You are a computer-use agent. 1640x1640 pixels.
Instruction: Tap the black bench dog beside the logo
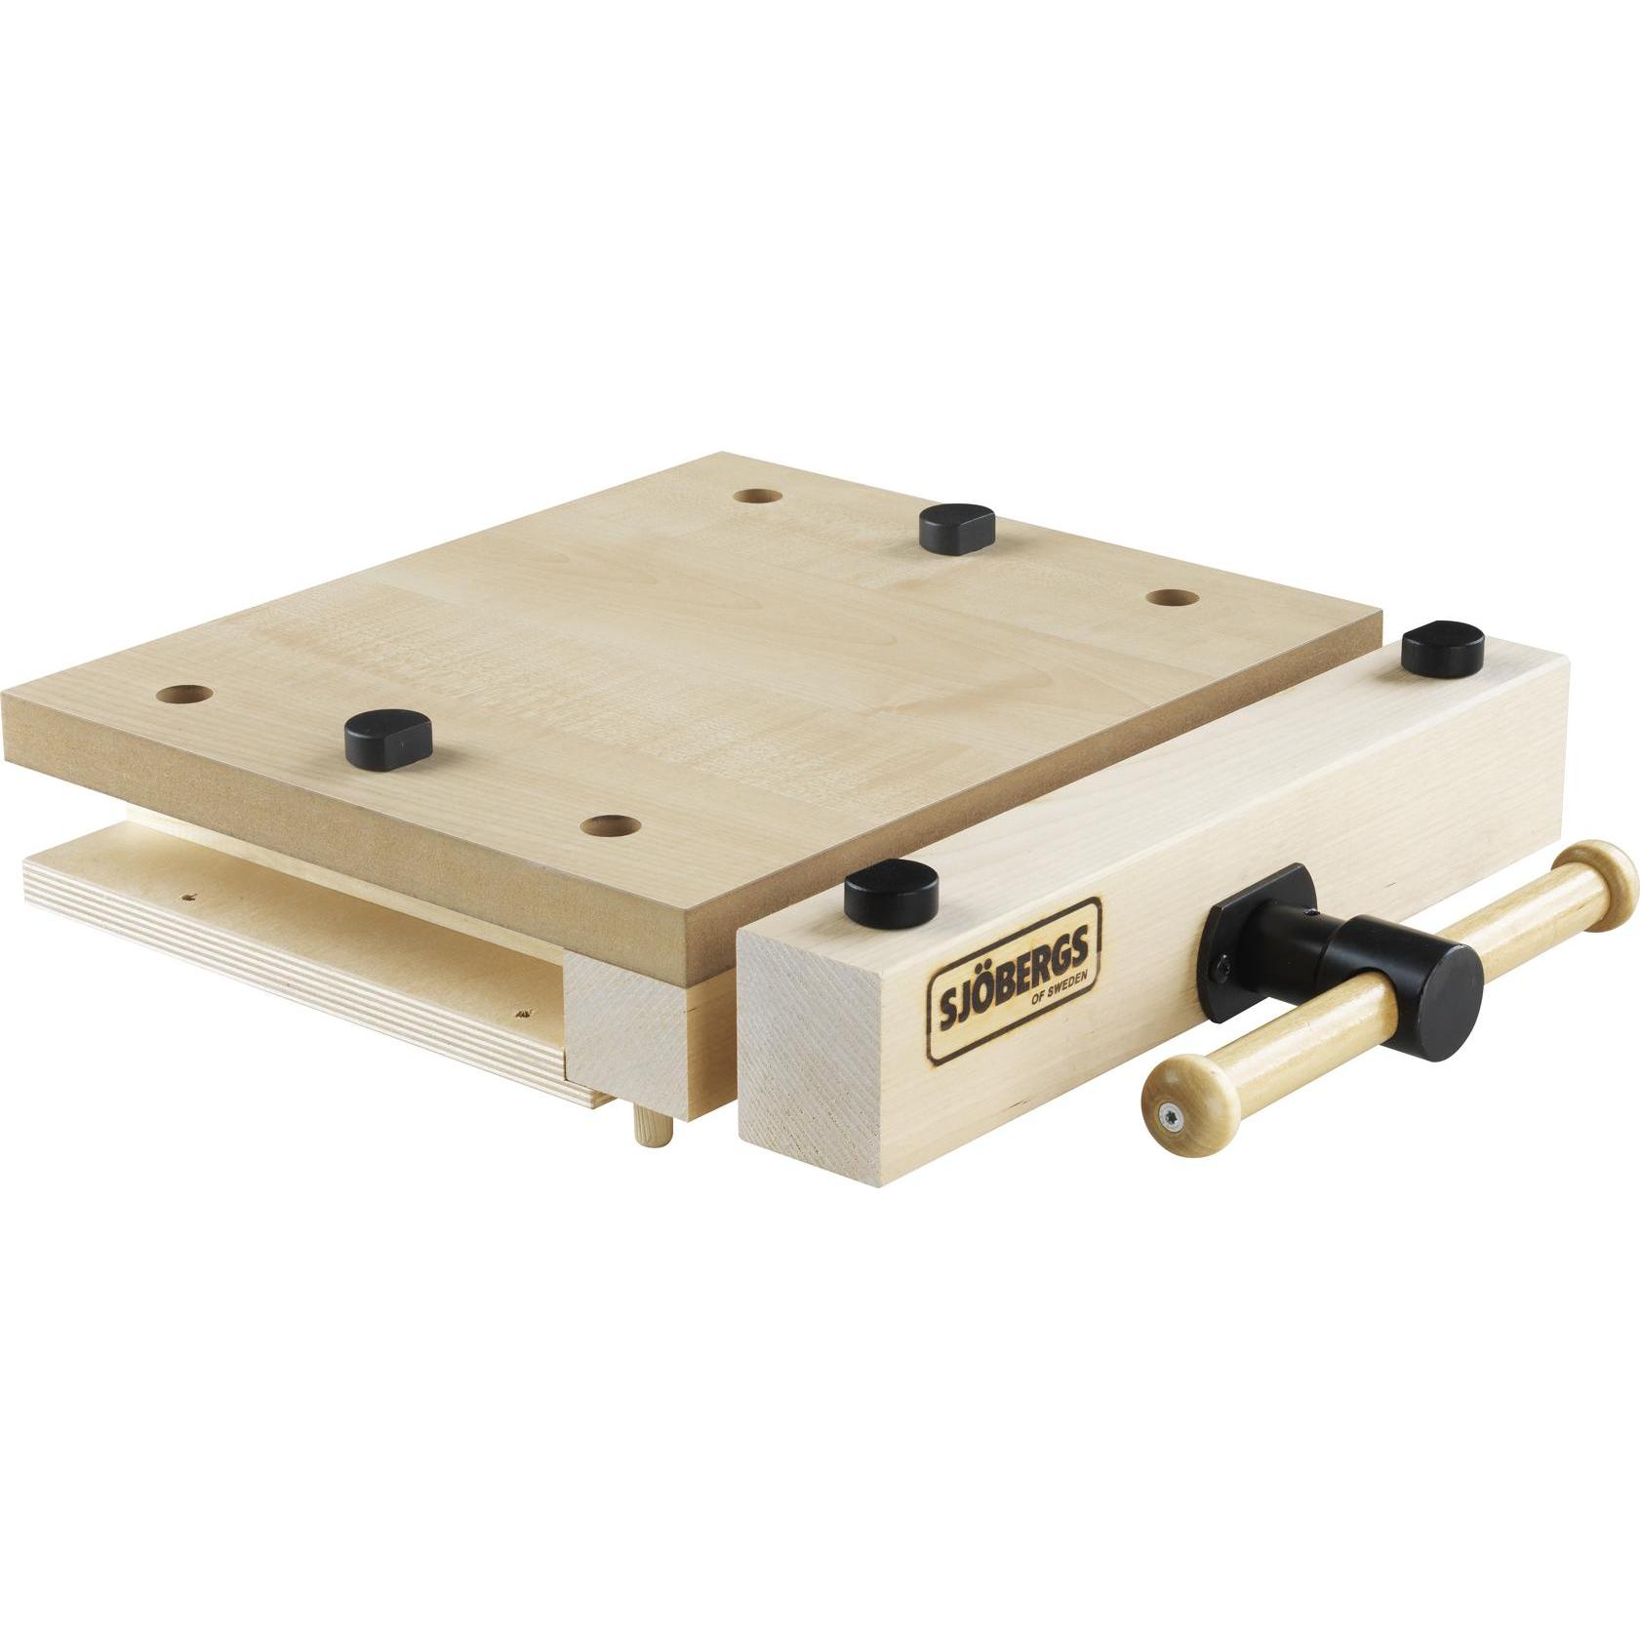click(x=891, y=894)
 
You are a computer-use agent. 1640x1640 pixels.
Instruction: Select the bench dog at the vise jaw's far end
click(x=1442, y=647)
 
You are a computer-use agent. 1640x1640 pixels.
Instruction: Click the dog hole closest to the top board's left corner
click(x=185, y=695)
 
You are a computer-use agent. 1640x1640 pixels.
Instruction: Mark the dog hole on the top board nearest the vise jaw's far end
click(x=1172, y=597)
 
